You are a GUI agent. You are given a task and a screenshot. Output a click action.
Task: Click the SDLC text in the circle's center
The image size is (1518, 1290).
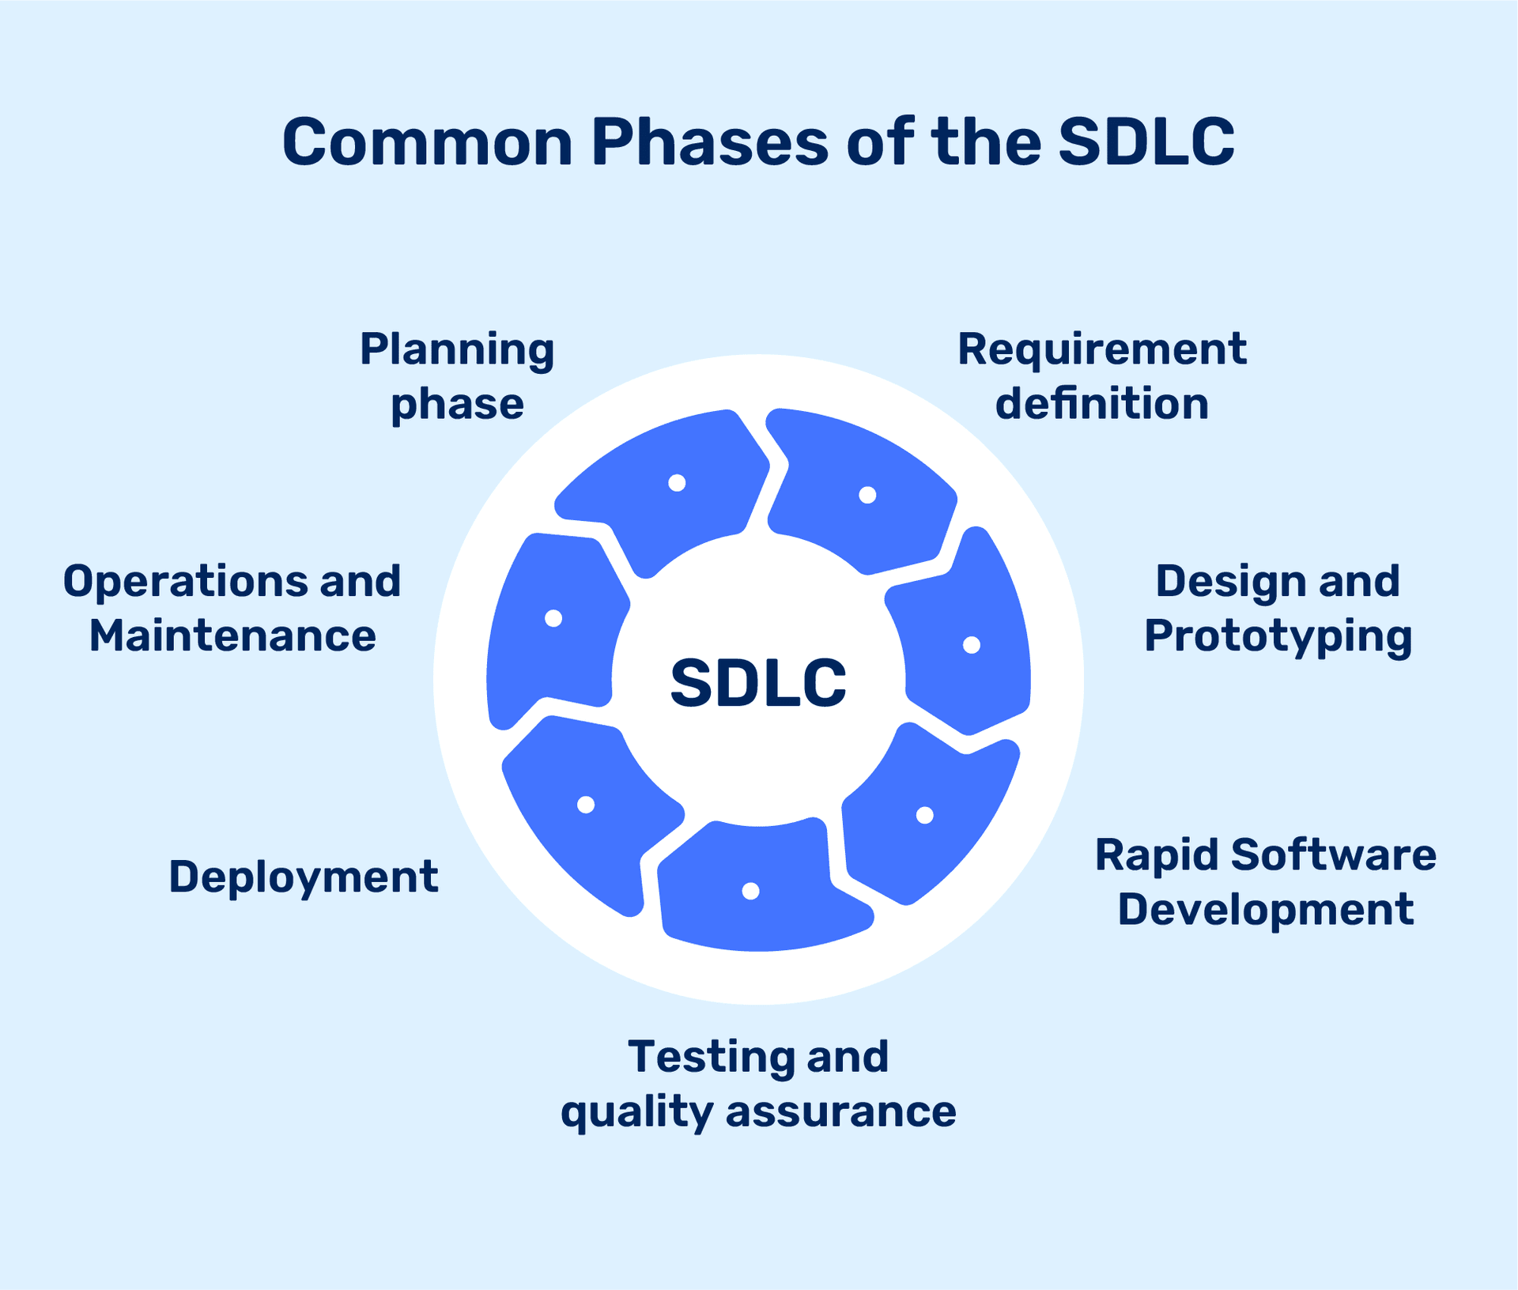click(758, 683)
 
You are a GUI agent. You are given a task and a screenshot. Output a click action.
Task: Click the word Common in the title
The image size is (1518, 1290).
click(427, 143)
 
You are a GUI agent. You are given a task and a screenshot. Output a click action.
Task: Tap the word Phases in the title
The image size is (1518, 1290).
click(709, 143)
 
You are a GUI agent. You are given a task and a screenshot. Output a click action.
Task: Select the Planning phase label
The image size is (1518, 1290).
click(457, 376)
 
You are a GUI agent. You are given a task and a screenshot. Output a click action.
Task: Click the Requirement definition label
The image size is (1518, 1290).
click(1101, 376)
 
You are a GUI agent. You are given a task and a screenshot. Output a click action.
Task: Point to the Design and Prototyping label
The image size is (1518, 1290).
click(1278, 609)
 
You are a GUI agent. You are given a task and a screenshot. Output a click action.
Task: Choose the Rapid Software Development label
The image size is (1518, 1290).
click(1265, 881)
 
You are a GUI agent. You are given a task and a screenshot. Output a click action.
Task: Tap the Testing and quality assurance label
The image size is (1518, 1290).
click(758, 1084)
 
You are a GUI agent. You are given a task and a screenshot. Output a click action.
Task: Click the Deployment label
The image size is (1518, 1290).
click(303, 877)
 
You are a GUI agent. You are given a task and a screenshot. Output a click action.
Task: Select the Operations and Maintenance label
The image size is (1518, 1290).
click(232, 609)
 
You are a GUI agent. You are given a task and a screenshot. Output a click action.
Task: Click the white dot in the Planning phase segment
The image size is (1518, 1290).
click(677, 483)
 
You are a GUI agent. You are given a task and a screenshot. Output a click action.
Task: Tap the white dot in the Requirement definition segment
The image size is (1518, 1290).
click(867, 495)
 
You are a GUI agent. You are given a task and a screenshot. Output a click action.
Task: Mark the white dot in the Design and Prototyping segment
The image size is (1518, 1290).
click(972, 645)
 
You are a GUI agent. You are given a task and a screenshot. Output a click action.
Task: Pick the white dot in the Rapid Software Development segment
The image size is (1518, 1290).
click(924, 815)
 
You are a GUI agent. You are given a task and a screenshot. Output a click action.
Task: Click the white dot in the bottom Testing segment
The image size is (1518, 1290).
click(751, 891)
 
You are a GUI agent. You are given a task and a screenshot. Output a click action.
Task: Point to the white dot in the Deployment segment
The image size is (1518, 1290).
click(586, 805)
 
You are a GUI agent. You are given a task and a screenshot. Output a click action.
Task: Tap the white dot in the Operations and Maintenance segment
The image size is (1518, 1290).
click(553, 618)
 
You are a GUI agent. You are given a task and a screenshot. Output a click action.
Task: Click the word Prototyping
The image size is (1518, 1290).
click(1278, 637)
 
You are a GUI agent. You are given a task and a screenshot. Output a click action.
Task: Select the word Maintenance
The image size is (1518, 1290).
click(232, 636)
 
